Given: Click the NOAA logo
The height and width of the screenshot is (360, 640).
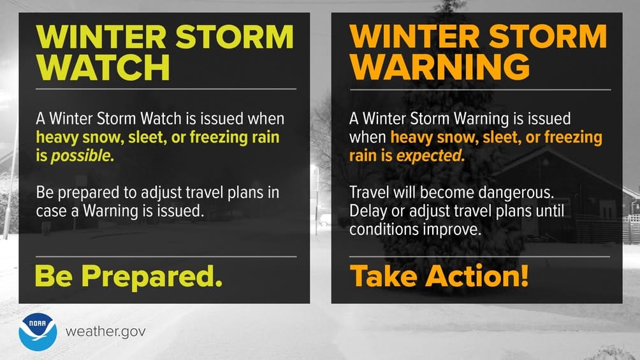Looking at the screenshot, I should (x=38, y=332).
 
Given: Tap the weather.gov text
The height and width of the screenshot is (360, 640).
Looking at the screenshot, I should (x=106, y=332).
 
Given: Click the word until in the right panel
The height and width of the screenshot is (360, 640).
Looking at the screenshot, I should (x=547, y=212).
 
